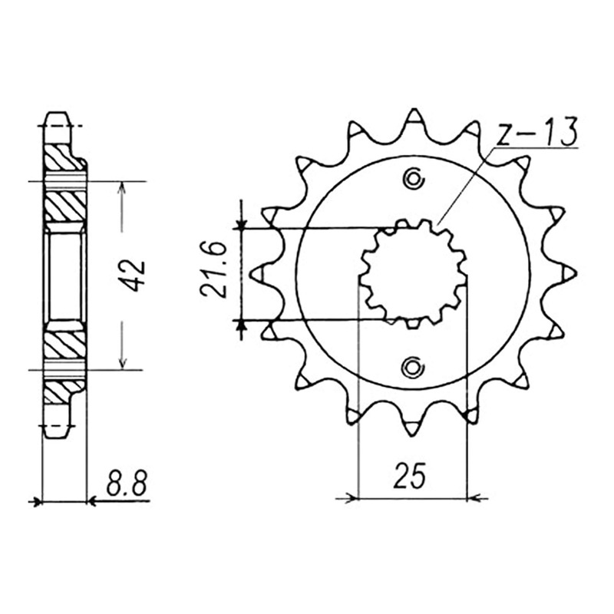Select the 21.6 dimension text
pos(214,270)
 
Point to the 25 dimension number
pos(410,476)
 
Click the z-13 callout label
pos(536,131)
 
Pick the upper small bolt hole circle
pos(413,179)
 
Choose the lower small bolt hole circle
pos(412,367)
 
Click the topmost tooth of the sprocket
pos(414,117)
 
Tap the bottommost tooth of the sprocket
pos(412,426)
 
